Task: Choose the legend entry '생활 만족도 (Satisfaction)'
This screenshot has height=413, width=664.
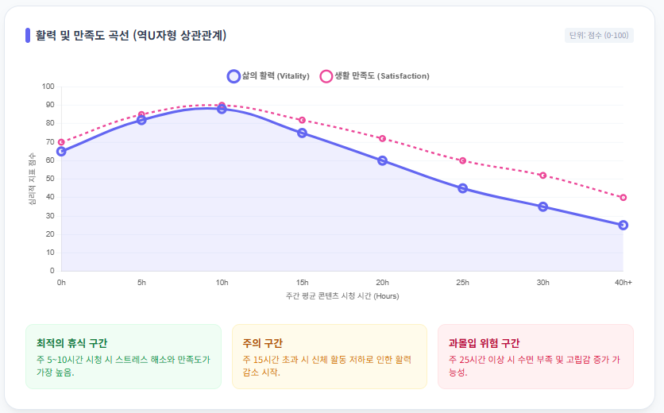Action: [374, 76]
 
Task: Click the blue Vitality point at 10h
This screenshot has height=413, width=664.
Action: [222, 109]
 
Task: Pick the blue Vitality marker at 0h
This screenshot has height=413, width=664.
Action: [61, 151]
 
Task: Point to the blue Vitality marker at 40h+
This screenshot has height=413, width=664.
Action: [623, 225]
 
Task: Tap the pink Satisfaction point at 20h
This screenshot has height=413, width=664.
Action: [382, 138]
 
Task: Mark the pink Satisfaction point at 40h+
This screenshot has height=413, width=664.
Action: [623, 197]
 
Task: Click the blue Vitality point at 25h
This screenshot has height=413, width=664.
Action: [462, 188]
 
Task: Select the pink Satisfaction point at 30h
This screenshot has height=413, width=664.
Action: [542, 175]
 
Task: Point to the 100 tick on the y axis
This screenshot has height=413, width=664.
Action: [48, 87]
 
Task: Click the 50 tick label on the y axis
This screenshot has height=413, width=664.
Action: [50, 179]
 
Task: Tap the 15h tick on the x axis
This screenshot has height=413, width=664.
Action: [302, 282]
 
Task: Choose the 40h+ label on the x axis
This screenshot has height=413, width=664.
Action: [622, 282]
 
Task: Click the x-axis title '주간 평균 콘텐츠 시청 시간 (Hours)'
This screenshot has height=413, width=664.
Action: [342, 296]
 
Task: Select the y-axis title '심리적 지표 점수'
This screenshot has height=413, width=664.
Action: [33, 179]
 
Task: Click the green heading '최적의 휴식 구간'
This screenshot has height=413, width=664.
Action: [71, 343]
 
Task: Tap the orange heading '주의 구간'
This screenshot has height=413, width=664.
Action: [262, 343]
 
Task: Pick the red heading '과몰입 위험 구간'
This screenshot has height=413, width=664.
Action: [484, 343]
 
